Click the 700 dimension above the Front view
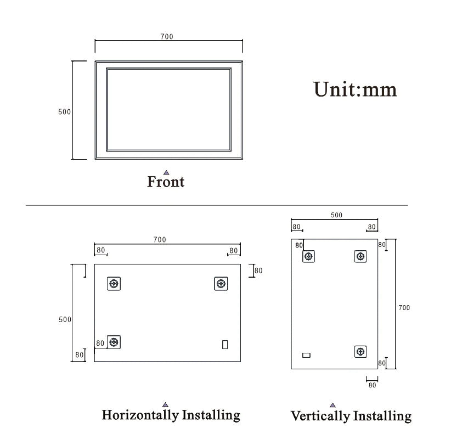pyautogui.click(x=167, y=37)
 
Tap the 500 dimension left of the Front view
pyautogui.click(x=64, y=112)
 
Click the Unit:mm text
pyautogui.click(x=355, y=89)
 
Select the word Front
pyautogui.click(x=166, y=182)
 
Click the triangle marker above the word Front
pyautogui.click(x=166, y=173)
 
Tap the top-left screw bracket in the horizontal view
pyautogui.click(x=114, y=284)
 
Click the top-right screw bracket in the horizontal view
pyautogui.click(x=221, y=284)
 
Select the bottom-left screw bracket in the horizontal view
pyautogui.click(x=114, y=342)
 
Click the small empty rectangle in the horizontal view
pyautogui.click(x=225, y=345)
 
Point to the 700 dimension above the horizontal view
pyautogui.click(x=160, y=240)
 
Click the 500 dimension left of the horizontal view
pyautogui.click(x=65, y=319)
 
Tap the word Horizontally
pyautogui.click(x=140, y=415)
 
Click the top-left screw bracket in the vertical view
pyautogui.click(x=308, y=256)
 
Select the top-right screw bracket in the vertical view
pyautogui.click(x=360, y=256)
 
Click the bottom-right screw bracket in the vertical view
pyautogui.click(x=360, y=352)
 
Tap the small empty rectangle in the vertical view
pyautogui.click(x=306, y=355)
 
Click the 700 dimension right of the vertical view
pyautogui.click(x=404, y=308)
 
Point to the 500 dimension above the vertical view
pyautogui.click(x=336, y=215)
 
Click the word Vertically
pyautogui.click(x=320, y=417)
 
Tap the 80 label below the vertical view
pyautogui.click(x=372, y=385)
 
